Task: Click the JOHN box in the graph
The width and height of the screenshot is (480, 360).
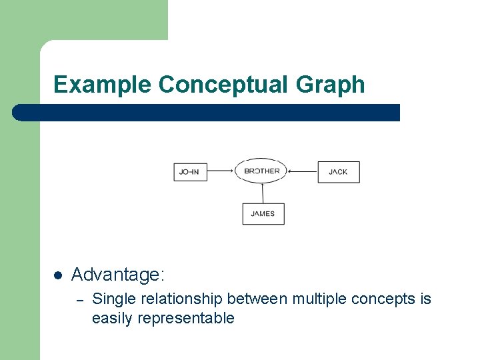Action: (190, 171)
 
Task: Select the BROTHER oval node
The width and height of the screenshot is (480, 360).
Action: (262, 171)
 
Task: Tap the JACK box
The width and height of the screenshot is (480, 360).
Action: (338, 172)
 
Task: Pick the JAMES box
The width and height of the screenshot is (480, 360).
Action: (263, 214)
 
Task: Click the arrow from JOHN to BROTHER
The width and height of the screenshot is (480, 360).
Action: (220, 171)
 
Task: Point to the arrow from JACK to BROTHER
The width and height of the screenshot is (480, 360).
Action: (303, 171)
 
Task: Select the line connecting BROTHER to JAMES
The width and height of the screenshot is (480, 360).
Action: (263, 193)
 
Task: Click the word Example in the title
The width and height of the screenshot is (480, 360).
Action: (103, 85)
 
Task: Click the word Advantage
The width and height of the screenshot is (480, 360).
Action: (117, 274)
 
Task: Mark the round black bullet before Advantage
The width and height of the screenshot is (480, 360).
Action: (58, 275)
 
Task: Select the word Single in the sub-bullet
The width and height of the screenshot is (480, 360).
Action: (113, 299)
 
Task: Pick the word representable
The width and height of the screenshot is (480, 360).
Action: (186, 318)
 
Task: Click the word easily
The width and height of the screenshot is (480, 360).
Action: (113, 318)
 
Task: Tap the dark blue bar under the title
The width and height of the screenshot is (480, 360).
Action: (207, 113)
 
